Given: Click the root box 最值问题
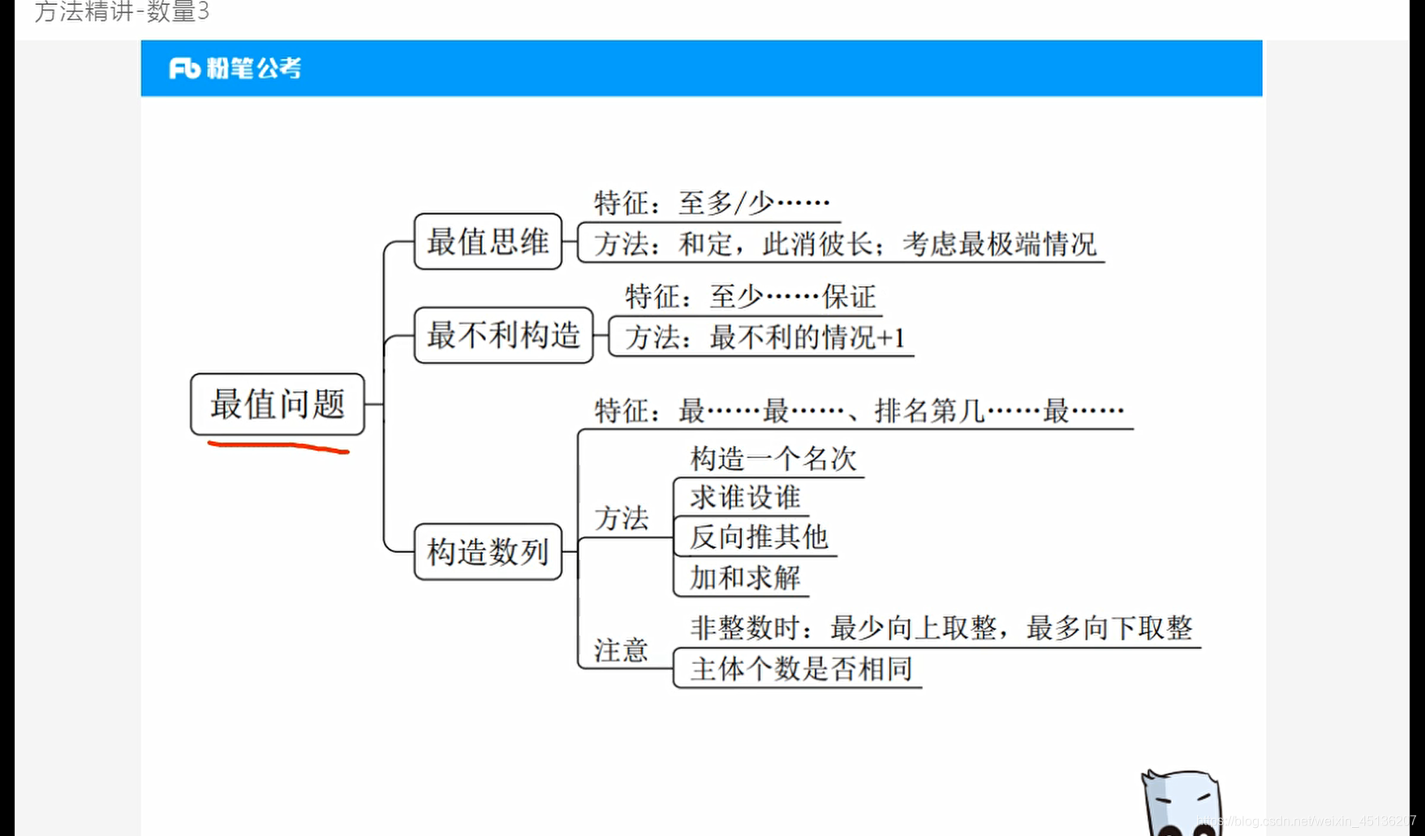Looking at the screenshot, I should (278, 404).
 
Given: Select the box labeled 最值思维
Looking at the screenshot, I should (488, 242).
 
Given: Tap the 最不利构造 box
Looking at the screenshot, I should (503, 335).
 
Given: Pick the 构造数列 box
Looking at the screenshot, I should (488, 551).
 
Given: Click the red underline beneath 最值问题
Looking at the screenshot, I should (278, 446).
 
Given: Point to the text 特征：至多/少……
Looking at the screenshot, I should (711, 203).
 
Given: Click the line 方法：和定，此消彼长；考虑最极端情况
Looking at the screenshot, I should (844, 243).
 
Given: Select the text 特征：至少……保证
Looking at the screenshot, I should (750, 297).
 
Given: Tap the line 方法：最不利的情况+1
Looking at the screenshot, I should (764, 337).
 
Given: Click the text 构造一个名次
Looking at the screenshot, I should (773, 459).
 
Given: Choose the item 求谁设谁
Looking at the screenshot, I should (745, 497).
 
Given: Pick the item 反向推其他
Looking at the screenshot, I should (758, 537).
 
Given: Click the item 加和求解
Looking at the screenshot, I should (745, 578).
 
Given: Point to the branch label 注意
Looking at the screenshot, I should (621, 650).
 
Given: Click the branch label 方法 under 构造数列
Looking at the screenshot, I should (621, 518).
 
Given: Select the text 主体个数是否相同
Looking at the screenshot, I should (801, 669).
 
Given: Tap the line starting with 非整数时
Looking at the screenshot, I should (941, 628).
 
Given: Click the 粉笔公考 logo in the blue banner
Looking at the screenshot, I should (235, 68).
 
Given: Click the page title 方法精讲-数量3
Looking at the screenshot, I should (122, 11).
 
